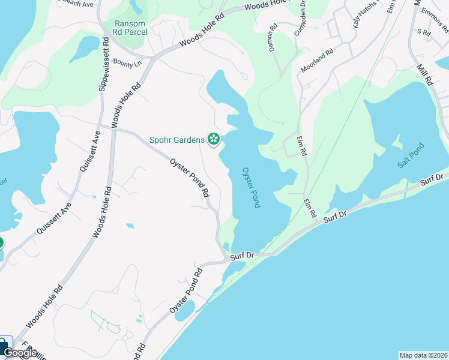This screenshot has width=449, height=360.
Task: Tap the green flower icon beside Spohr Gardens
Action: point(213,140)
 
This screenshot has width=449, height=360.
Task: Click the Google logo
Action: point(19,353)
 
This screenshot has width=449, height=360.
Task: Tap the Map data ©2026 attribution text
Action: point(423,355)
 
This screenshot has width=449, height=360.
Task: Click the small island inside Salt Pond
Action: point(397,142)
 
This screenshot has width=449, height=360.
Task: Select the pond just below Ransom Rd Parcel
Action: point(85,47)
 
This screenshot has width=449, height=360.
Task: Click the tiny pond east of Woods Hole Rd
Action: point(130,226)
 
